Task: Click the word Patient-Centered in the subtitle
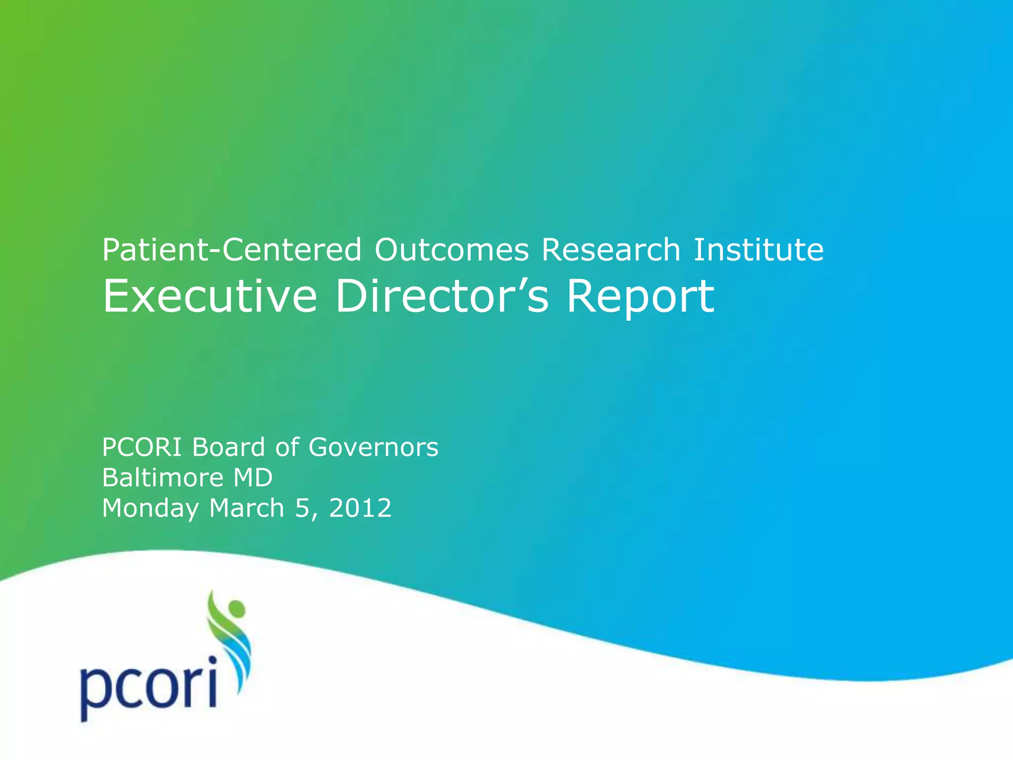(x=232, y=249)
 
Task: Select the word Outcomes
(x=451, y=249)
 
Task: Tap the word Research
(x=611, y=249)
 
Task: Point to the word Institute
(x=758, y=249)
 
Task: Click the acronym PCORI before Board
(x=142, y=447)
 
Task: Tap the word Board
(x=229, y=447)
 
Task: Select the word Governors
(x=373, y=447)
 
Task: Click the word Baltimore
(x=163, y=478)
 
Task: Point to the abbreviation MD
(x=253, y=478)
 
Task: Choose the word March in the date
(x=246, y=508)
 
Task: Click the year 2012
(x=360, y=508)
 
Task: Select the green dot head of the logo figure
(x=236, y=608)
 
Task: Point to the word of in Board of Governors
(x=287, y=447)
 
